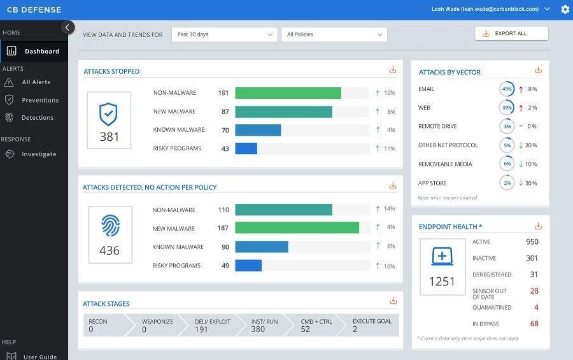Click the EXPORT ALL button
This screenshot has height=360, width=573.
[511, 34]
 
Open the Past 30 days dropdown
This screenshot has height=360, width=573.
[224, 34]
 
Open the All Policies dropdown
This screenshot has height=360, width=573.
[334, 34]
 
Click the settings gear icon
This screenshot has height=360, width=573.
[565, 10]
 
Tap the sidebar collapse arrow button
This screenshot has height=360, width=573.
[67, 27]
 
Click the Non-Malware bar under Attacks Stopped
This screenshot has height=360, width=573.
[288, 93]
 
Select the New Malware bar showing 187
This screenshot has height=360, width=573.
[297, 227]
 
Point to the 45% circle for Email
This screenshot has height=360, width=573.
[507, 89]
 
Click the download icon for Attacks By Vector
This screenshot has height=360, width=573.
[538, 69]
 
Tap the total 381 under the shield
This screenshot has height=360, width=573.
[110, 137]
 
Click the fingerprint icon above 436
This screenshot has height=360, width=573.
[110, 226]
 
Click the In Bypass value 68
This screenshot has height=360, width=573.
[534, 324]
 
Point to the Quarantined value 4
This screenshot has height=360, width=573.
[536, 307]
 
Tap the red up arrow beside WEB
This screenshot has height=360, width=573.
[521, 108]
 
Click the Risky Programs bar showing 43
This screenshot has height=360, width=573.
[246, 148]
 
